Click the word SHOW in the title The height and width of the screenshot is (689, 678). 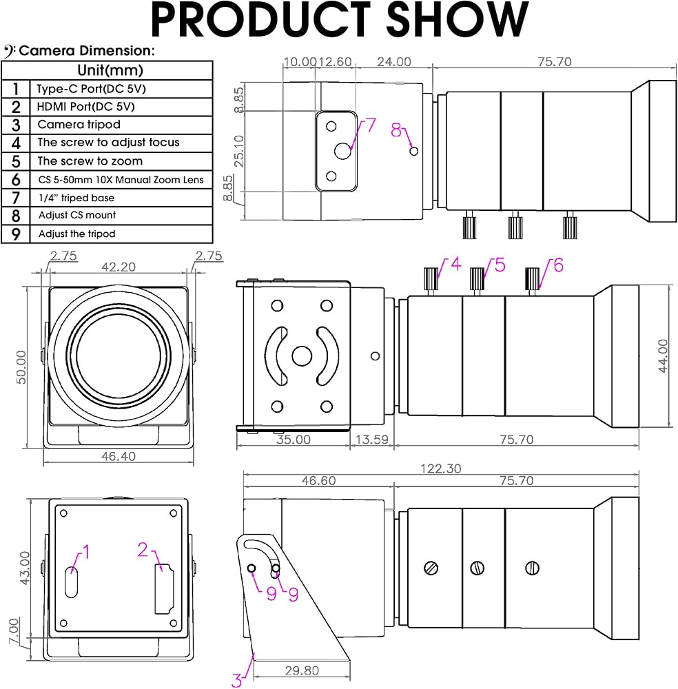(x=457, y=19)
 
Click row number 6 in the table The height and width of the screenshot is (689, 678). (x=16, y=180)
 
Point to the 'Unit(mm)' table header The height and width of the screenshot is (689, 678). (x=110, y=70)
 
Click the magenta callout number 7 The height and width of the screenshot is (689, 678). (x=371, y=125)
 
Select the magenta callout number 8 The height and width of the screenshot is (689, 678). (x=396, y=130)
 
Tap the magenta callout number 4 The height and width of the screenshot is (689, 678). (x=456, y=264)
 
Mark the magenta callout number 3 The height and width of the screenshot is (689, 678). (x=236, y=680)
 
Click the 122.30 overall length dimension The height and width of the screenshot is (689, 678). (x=441, y=469)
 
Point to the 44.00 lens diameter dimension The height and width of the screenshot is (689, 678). (x=663, y=356)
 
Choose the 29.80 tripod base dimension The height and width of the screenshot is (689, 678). (x=302, y=670)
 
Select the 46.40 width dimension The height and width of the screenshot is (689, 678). (x=119, y=456)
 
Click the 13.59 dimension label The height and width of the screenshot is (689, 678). (x=372, y=440)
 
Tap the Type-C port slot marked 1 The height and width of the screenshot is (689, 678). (x=71, y=582)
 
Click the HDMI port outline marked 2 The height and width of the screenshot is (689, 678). (x=164, y=589)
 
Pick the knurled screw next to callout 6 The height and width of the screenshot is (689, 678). (x=532, y=278)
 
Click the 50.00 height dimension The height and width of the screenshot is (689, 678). (x=21, y=367)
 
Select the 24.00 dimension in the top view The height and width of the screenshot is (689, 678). (x=394, y=62)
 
